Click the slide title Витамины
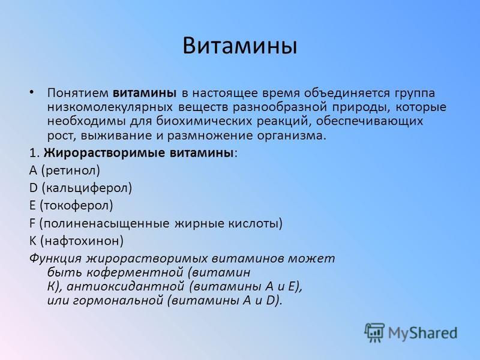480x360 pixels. click(239, 46)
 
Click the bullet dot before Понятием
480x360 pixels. click(32, 92)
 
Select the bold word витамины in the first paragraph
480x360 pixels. click(145, 93)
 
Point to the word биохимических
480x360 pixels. click(205, 121)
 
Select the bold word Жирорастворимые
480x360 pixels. click(104, 152)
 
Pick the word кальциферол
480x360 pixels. click(87, 188)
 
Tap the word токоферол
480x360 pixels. click(76, 205)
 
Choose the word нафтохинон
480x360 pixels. click(82, 241)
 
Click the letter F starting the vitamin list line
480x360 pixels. click(32, 223)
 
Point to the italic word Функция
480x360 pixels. click(55, 259)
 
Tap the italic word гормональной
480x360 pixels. click(118, 301)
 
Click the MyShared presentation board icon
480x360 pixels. click(374, 332)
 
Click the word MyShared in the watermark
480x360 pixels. click(423, 334)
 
